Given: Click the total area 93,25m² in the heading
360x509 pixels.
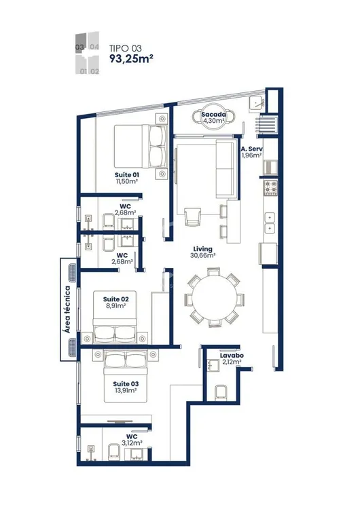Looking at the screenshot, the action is click(x=131, y=58).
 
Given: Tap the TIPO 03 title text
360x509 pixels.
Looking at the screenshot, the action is click(x=126, y=48).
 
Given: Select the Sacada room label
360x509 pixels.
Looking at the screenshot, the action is click(x=213, y=114).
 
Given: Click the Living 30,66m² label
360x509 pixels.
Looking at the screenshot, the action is click(x=202, y=252).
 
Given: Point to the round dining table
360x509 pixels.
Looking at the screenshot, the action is click(x=215, y=297).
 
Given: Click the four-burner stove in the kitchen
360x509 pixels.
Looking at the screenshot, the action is click(x=270, y=188).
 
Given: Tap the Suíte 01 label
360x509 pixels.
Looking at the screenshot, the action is click(x=127, y=174).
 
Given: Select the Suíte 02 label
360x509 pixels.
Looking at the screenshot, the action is click(x=115, y=299).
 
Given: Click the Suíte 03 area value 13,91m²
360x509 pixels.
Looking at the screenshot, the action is click(x=126, y=390).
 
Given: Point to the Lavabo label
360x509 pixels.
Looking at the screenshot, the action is click(x=232, y=356).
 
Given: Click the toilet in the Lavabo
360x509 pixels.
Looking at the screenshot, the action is click(x=221, y=393).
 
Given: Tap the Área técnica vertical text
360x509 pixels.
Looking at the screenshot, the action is click(x=67, y=309).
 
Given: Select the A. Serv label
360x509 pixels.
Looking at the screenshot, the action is click(x=251, y=149).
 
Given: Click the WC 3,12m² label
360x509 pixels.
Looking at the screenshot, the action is click(x=132, y=440).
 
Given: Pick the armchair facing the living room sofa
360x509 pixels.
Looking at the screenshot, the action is click(x=192, y=216).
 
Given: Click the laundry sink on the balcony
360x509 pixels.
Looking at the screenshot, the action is click(x=257, y=104).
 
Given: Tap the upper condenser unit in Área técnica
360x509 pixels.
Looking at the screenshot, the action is click(x=72, y=273).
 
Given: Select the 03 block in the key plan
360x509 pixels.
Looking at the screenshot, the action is click(x=81, y=42).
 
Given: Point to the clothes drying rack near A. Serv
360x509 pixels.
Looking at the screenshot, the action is click(x=266, y=125).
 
